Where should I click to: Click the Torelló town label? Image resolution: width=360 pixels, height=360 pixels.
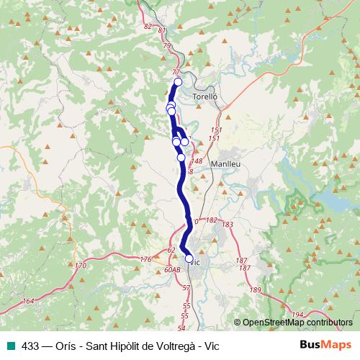(205, 96)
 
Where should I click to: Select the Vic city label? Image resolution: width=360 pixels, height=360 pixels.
(194, 263)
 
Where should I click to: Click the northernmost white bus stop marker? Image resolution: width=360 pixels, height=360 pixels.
(178, 82)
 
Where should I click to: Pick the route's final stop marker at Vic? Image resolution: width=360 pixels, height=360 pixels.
(189, 258)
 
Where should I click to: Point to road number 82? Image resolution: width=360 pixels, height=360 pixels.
(148, 26)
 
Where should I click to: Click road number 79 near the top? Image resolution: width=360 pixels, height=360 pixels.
(167, 46)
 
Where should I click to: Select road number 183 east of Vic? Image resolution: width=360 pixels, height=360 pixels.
(228, 225)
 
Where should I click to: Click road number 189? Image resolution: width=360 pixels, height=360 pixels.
(256, 289)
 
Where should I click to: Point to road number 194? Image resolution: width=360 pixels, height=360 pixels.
(298, 315)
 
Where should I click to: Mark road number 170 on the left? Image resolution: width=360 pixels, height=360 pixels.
(80, 266)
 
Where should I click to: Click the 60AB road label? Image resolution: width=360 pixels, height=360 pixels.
(171, 269)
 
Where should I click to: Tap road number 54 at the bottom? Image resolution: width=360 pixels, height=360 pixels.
(181, 328)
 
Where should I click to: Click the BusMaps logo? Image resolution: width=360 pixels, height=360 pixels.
(325, 346)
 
